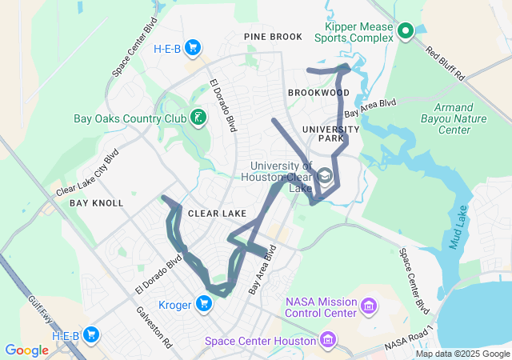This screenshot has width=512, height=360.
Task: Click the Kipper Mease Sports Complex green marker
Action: coord(405,31)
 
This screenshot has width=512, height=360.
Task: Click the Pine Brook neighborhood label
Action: coord(274,37)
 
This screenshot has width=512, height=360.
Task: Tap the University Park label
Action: coord(331,134)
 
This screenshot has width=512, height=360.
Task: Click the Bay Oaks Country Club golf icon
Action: coord(198,119)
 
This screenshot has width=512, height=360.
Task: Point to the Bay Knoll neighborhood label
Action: coord(96,203)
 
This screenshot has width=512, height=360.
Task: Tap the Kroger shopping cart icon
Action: coord(205,303)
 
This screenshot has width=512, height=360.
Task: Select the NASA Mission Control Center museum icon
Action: coord(369,305)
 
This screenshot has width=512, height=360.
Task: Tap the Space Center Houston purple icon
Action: coord(326,341)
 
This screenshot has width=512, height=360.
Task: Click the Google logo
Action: coord(26,350)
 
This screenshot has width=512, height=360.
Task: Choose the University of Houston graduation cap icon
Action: coord(324,175)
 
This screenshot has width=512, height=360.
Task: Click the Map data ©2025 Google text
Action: coord(462,354)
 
